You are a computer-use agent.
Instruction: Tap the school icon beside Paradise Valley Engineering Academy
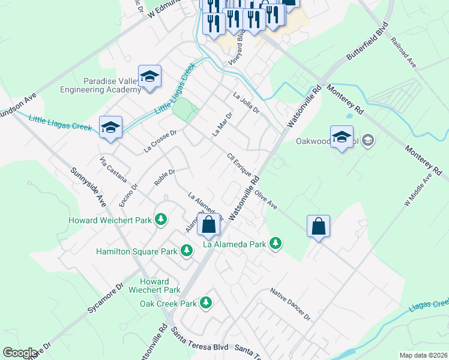[149, 77]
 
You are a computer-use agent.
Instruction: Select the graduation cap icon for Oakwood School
[342, 137]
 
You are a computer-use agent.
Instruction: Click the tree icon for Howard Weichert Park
[161, 220]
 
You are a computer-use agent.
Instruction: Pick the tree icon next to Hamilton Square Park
[187, 251]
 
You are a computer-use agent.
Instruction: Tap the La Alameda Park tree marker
[275, 244]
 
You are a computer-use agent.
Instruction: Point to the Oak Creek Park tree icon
[206, 303]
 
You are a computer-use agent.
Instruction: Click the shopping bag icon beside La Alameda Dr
[209, 226]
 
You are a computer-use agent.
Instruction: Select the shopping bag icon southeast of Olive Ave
[318, 227]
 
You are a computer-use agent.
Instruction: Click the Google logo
[20, 353]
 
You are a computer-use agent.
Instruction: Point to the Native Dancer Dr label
[289, 304]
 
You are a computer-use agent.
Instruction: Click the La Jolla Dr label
[246, 102]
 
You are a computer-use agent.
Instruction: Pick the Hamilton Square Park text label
[136, 251]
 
